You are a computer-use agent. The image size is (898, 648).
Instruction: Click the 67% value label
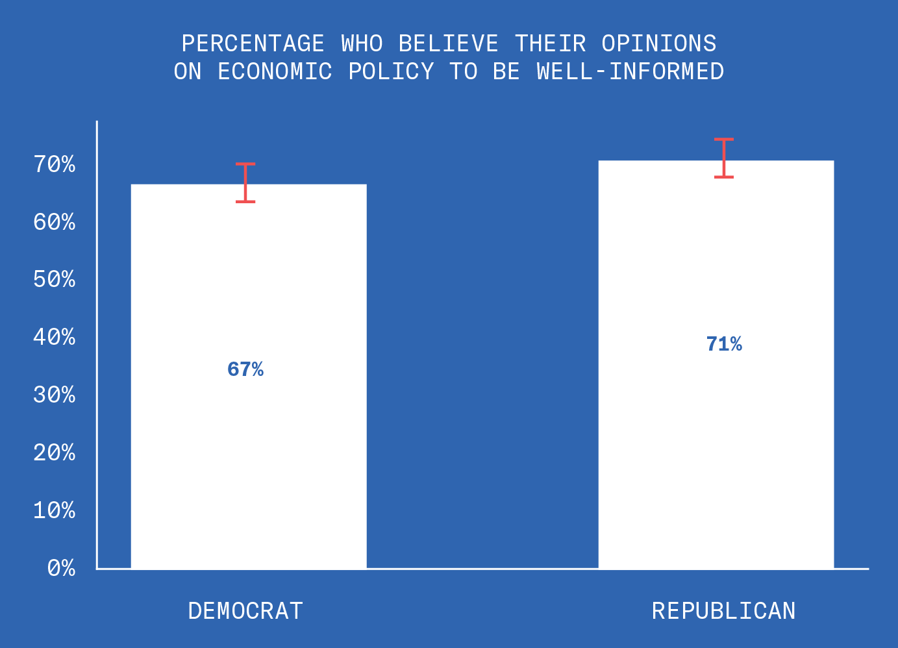[245, 369]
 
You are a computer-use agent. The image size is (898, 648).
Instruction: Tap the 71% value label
[724, 344]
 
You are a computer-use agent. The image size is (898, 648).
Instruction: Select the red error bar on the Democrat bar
[245, 183]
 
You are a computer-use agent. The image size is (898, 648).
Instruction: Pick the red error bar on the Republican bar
[724, 158]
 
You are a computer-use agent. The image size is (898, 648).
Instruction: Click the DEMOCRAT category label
[245, 611]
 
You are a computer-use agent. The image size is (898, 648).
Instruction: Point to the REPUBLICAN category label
[724, 611]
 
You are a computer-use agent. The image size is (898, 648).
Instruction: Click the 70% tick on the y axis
[55, 164]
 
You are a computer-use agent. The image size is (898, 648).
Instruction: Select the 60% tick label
[55, 222]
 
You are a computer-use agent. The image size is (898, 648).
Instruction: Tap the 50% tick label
[55, 279]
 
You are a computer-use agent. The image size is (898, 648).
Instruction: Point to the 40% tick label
[55, 337]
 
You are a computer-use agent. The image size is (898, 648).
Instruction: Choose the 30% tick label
[55, 395]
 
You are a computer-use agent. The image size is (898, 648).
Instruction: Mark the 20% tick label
[55, 453]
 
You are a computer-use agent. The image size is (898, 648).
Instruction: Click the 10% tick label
[55, 510]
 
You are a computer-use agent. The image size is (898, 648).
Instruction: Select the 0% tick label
[61, 568]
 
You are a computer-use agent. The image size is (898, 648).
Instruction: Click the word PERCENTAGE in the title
[253, 44]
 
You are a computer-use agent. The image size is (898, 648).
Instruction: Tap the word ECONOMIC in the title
[275, 71]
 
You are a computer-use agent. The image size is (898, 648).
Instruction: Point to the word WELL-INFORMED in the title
[630, 71]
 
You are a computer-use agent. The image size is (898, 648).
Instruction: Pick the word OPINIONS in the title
[658, 44]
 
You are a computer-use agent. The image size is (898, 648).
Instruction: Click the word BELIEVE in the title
[448, 44]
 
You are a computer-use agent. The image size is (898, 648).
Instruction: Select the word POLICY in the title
[391, 71]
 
